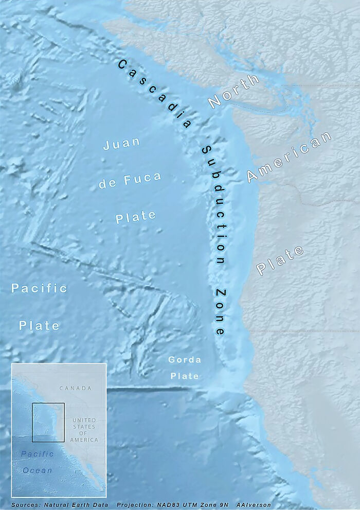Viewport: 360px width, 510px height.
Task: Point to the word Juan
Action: [x=122, y=144]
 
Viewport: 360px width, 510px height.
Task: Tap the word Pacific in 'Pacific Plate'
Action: [x=40, y=288]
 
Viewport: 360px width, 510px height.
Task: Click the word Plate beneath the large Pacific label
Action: [x=40, y=326]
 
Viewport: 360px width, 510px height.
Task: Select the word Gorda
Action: [x=185, y=359]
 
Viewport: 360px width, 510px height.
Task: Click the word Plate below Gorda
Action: [x=185, y=376]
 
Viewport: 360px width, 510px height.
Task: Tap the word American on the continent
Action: [x=290, y=156]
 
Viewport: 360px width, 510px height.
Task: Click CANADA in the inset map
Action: [x=75, y=388]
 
